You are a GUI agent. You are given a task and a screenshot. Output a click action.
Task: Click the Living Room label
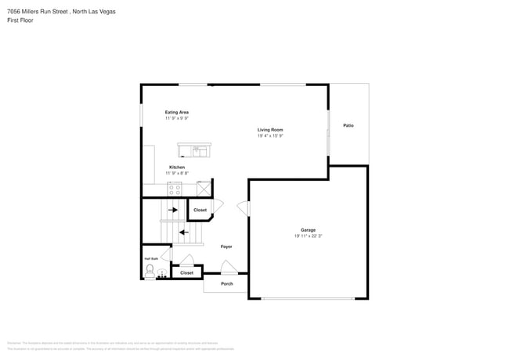pos(270,129)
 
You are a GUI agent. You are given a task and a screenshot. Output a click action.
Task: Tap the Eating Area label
pos(176,112)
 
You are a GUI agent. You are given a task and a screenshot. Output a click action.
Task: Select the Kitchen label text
pos(177,167)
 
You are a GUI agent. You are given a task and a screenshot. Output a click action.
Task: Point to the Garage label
pos(308,230)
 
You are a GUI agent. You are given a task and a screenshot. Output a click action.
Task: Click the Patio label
pos(348,125)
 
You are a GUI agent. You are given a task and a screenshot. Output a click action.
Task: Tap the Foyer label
pos(226,247)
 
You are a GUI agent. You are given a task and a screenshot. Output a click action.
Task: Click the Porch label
pos(227,283)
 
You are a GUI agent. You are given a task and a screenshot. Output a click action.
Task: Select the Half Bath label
pos(150,258)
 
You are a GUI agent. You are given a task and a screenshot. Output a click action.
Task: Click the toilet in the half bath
pos(150,272)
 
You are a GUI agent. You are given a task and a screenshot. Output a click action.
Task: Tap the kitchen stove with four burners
pos(175,189)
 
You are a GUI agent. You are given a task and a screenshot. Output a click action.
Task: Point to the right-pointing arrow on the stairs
pos(173,210)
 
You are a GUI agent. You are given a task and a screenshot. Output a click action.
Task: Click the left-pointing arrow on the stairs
pos(184,232)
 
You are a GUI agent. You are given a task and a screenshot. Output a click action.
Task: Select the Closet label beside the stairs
pos(200,210)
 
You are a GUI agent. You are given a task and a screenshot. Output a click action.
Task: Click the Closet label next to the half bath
pos(186,273)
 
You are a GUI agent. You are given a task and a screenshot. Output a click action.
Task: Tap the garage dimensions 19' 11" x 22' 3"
pos(308,236)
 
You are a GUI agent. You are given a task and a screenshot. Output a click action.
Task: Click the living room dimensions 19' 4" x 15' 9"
pos(270,135)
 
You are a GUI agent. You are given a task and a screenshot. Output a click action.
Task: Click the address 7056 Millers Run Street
pos(38,11)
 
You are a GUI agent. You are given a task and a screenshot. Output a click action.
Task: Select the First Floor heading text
pos(20,20)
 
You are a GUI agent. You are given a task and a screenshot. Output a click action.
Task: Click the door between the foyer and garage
pos(243,209)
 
